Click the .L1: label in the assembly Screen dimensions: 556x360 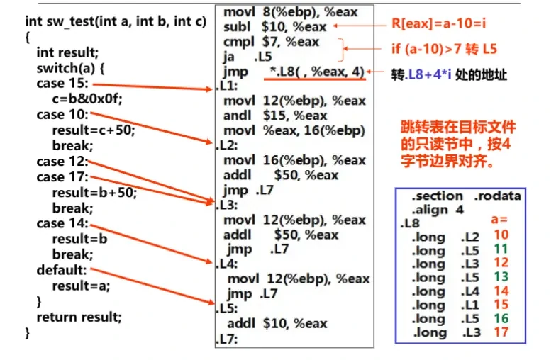pyautogui.click(x=227, y=86)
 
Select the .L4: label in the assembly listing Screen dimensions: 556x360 pyautogui.click(x=227, y=264)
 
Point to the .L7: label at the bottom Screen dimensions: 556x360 pyautogui.click(x=227, y=339)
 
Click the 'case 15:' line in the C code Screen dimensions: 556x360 pyautogui.click(x=62, y=84)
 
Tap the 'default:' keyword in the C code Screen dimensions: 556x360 pyautogui.click(x=62, y=270)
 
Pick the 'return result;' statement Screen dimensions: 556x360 pyautogui.click(x=79, y=317)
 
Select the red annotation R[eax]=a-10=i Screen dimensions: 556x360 pyautogui.click(x=438, y=24)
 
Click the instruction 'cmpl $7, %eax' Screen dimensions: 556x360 pyautogui.click(x=271, y=42)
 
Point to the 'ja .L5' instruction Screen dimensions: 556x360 pyautogui.click(x=248, y=57)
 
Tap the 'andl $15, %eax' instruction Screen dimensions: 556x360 pyautogui.click(x=275, y=116)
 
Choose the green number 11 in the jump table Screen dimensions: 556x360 pyautogui.click(x=501, y=249)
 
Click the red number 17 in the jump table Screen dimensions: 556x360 pyautogui.click(x=501, y=332)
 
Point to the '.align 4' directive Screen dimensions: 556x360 pyautogui.click(x=438, y=210)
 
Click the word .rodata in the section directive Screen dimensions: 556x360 pyautogui.click(x=497, y=196)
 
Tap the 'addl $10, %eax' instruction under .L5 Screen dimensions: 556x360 pyautogui.click(x=277, y=323)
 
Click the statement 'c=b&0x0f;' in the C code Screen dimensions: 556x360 pyautogui.click(x=87, y=99)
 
